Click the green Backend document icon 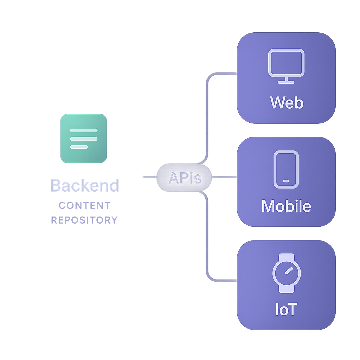84,139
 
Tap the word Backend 85,185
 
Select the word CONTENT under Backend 85,205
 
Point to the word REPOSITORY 84,220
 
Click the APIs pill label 185,178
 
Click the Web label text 287,103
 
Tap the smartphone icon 286,169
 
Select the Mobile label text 286,206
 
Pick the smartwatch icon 287,273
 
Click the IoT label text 286,309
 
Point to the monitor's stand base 286,82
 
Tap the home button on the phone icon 286,181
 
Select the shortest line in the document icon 79,147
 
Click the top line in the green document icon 84,130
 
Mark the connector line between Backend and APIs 150,177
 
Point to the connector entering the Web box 225,74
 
